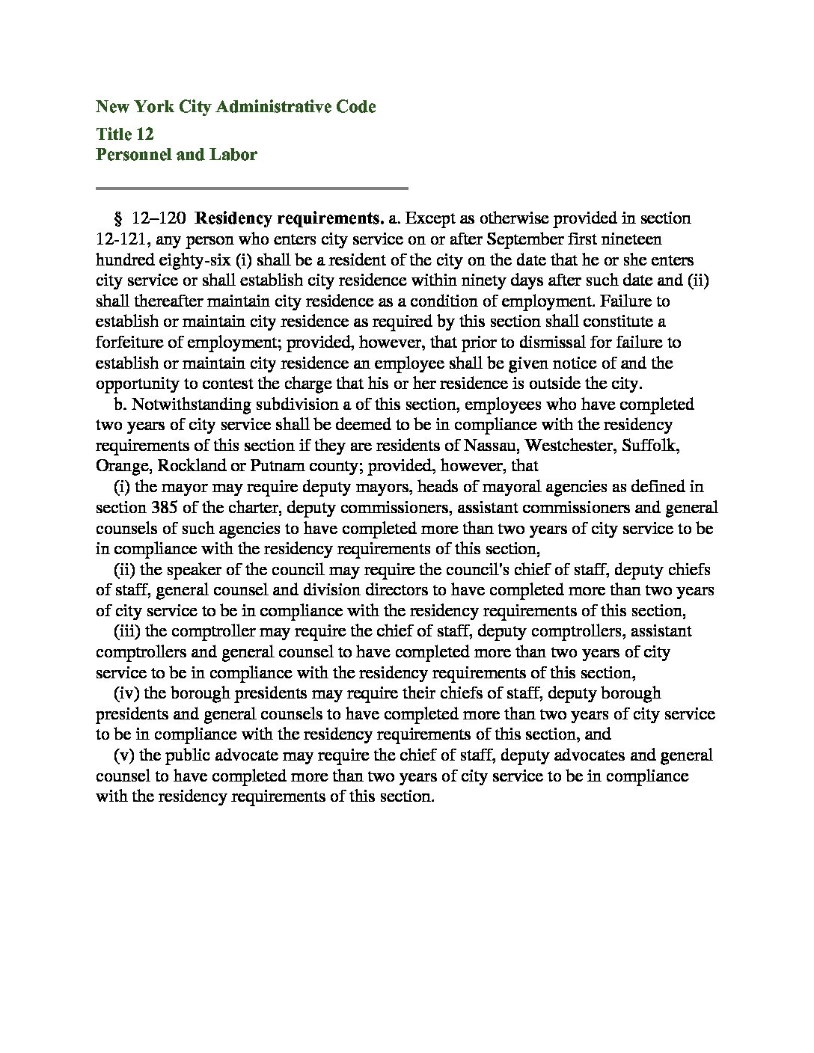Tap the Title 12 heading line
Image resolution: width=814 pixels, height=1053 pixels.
[125, 134]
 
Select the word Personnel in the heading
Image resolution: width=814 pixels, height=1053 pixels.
[129, 155]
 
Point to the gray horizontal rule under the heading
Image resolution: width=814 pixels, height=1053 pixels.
[251, 188]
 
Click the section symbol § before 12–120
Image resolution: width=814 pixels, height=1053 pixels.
[117, 218]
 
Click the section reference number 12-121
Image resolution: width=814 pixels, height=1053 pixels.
[122, 239]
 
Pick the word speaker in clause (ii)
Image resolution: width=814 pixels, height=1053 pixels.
[195, 569]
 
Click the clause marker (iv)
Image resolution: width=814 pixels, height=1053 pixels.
[124, 693]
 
